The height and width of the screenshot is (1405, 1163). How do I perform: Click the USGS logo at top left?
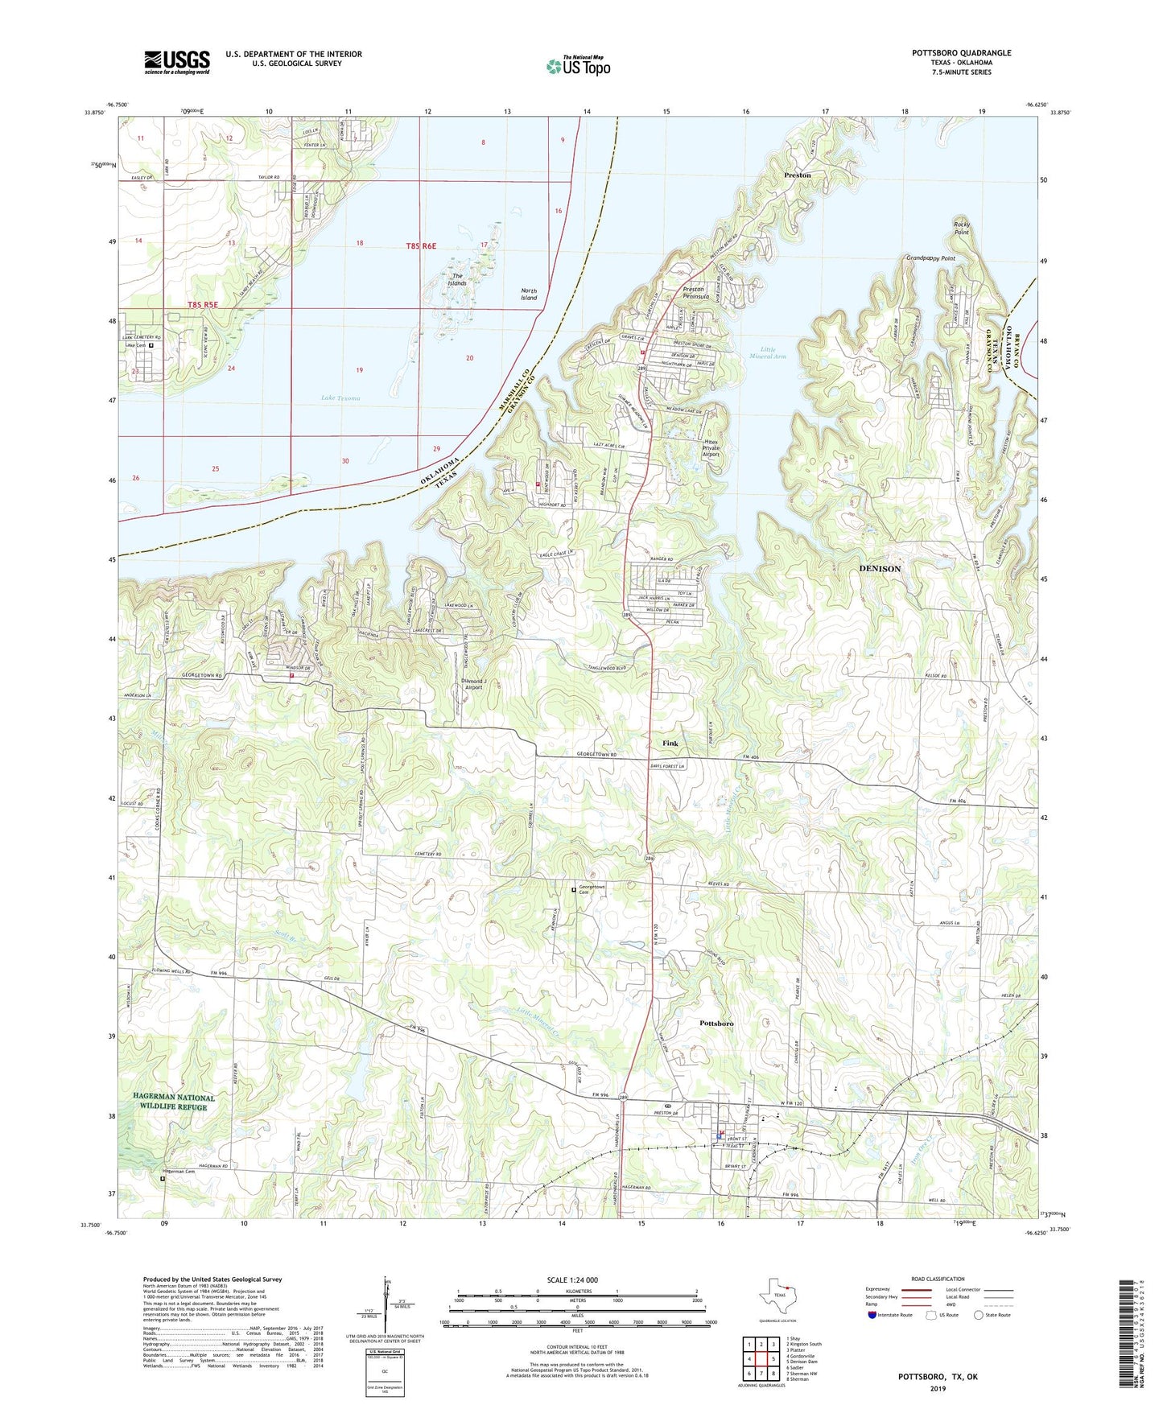(x=177, y=62)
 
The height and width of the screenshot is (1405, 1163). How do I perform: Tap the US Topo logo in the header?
(x=578, y=66)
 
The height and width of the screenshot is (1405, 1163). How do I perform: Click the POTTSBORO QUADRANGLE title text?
(x=961, y=53)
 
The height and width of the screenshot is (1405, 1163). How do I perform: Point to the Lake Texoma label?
(x=340, y=398)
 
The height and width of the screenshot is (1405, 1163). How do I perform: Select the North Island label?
(x=529, y=295)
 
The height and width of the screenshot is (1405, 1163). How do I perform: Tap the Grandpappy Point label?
(x=930, y=258)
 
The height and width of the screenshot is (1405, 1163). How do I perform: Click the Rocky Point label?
(x=962, y=228)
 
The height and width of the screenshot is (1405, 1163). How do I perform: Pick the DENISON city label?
(x=880, y=568)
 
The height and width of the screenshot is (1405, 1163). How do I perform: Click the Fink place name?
(x=670, y=744)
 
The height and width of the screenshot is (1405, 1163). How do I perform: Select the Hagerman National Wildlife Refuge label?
(x=175, y=1102)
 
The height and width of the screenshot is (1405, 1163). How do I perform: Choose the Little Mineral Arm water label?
(x=767, y=352)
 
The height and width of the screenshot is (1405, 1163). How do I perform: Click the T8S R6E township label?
(x=420, y=246)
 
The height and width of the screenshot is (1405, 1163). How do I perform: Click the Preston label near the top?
(x=798, y=175)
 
